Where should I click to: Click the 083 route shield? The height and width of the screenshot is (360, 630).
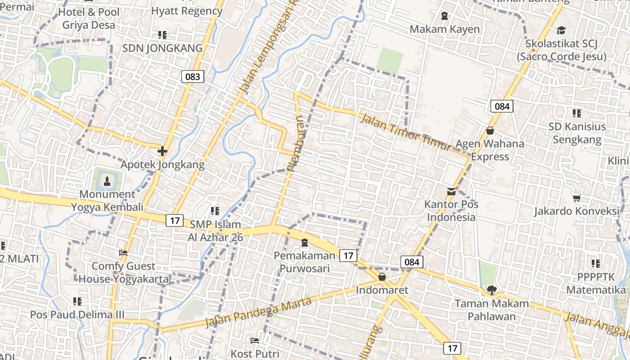pyautogui.click(x=193, y=76)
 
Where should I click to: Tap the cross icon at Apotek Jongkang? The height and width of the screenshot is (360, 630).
pyautogui.click(x=162, y=151)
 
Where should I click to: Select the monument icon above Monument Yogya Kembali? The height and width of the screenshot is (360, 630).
pyautogui.click(x=107, y=181)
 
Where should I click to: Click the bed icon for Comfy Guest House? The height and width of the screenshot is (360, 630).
pyautogui.click(x=123, y=253)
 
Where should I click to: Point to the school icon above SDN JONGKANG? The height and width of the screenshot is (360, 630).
pyautogui.click(x=162, y=35)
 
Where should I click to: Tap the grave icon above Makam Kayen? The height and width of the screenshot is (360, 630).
pyautogui.click(x=445, y=16)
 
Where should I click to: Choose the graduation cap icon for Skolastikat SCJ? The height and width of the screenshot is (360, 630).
pyautogui.click(x=561, y=30)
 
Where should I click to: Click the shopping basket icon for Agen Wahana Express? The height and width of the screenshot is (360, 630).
pyautogui.click(x=490, y=130)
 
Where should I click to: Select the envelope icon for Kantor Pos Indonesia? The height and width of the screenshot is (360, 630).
pyautogui.click(x=451, y=192)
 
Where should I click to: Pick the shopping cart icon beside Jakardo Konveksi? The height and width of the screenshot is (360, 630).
pyautogui.click(x=577, y=198)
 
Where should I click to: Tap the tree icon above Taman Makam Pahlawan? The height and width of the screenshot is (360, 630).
pyautogui.click(x=491, y=290)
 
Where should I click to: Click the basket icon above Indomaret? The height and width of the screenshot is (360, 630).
pyautogui.click(x=382, y=277)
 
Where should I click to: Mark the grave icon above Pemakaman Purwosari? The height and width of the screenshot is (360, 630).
pyautogui.click(x=305, y=243)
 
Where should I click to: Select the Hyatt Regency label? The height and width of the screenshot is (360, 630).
pyautogui.click(x=187, y=11)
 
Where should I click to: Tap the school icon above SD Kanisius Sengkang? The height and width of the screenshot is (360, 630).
pyautogui.click(x=577, y=113)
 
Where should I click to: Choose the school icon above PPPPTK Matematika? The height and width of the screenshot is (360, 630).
pyautogui.click(x=596, y=264)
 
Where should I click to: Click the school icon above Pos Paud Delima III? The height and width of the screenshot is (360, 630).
pyautogui.click(x=77, y=301)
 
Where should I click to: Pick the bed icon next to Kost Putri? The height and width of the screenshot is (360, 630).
pyautogui.click(x=255, y=341)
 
